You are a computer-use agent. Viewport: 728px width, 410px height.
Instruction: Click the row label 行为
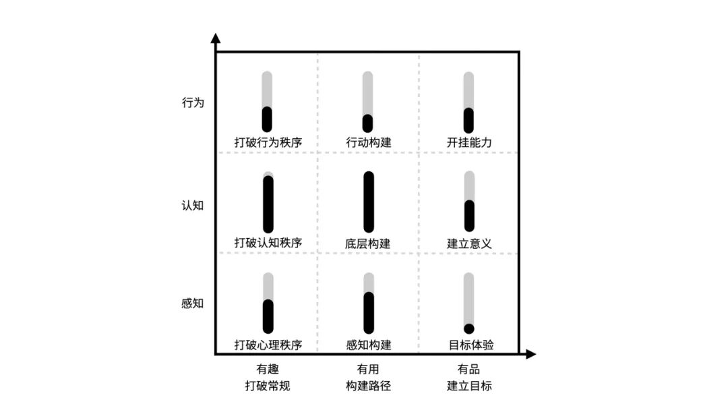(192, 104)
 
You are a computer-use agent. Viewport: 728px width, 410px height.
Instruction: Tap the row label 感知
(192, 303)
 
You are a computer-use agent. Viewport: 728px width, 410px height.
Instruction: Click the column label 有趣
(267, 370)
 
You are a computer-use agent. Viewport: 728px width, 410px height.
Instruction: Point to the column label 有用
(368, 370)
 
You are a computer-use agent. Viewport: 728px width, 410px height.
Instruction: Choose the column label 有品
(469, 370)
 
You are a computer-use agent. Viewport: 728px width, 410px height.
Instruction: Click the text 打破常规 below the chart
(267, 386)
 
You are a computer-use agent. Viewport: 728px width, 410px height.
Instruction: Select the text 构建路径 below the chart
(368, 386)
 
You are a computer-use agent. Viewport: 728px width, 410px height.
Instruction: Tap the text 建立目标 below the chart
(469, 386)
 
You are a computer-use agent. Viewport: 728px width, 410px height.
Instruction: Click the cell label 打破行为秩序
(268, 143)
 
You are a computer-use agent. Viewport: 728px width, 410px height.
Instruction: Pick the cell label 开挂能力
(469, 143)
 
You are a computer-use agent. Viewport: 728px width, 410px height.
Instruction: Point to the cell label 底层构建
(368, 243)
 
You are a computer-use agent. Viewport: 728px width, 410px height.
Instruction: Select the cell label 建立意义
(469, 243)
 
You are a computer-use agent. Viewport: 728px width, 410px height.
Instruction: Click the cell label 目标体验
(471, 345)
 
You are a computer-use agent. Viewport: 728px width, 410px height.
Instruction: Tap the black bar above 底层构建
(368, 202)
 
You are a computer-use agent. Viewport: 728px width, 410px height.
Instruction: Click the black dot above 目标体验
(469, 328)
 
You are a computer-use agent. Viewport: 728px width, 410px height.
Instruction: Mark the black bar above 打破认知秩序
(268, 204)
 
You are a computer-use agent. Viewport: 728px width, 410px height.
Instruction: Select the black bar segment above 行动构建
(368, 123)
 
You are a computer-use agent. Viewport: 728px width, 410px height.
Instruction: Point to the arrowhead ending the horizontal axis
(530, 354)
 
